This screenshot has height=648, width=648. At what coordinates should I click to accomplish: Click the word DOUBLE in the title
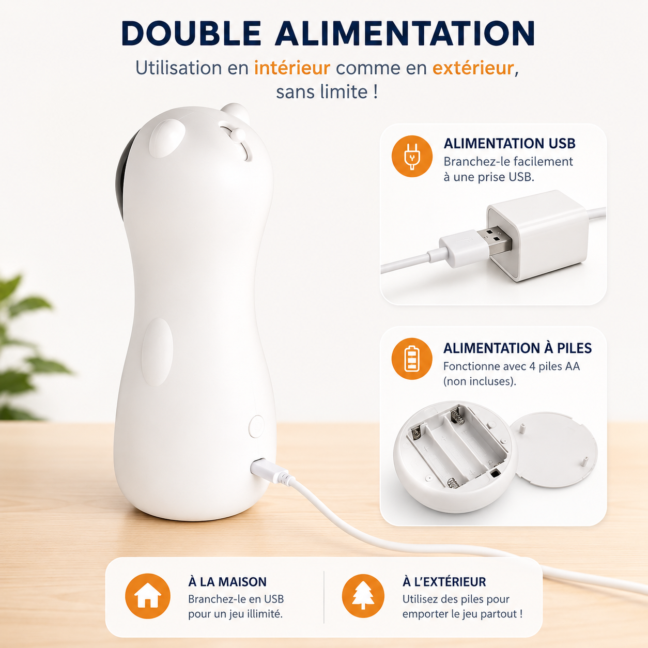click(191, 33)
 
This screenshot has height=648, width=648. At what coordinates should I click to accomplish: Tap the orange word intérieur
click(292, 68)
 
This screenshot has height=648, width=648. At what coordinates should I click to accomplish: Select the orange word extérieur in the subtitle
click(473, 68)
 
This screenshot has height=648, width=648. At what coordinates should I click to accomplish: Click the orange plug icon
click(412, 157)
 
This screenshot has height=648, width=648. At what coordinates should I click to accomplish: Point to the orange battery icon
click(412, 359)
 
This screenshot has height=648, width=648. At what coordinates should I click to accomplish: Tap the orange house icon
click(148, 596)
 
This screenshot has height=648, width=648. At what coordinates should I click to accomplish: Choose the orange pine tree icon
click(363, 596)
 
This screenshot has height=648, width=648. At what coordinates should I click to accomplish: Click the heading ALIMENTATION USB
click(510, 144)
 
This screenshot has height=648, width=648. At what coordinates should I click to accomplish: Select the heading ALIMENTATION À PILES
click(518, 348)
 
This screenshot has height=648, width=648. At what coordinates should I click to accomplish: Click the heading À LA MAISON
click(227, 582)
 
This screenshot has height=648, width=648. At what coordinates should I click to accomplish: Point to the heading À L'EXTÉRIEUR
click(444, 582)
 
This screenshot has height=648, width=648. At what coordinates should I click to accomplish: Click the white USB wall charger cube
click(537, 235)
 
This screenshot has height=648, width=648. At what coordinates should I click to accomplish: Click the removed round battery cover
click(554, 450)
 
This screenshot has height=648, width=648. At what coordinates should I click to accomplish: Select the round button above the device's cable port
click(257, 426)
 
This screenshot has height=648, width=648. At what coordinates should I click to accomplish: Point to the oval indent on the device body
click(157, 352)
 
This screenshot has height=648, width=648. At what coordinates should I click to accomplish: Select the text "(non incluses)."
click(480, 381)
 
